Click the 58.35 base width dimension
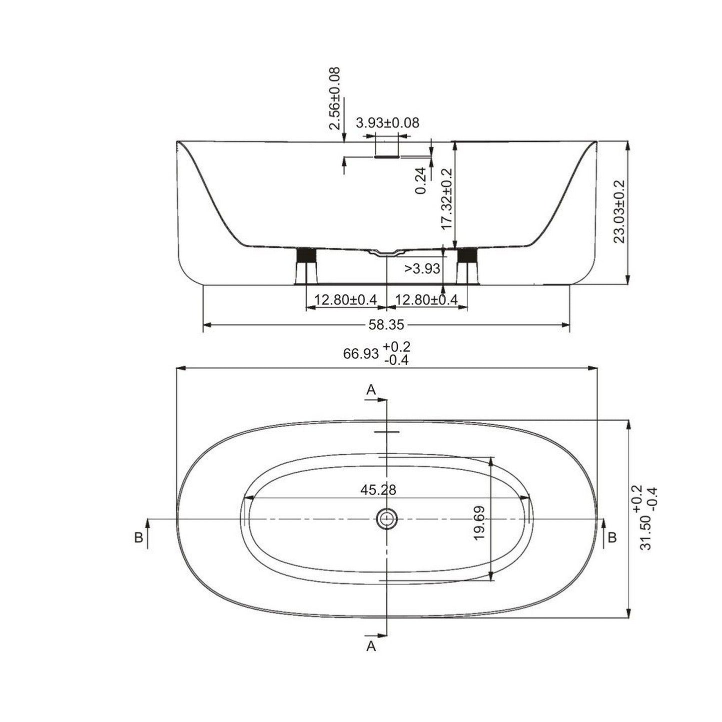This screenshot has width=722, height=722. tap(386, 325)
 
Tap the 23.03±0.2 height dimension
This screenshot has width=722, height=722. tap(620, 212)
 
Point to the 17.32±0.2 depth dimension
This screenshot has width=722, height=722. tap(447, 199)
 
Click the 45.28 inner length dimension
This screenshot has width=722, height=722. tap(378, 490)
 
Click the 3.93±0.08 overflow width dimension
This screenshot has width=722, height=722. tap(387, 122)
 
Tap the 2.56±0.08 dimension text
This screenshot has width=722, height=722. tap(335, 98)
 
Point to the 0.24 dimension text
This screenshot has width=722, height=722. tap(421, 180)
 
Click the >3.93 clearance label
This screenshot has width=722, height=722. tap(422, 269)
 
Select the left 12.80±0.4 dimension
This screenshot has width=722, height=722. tap(345, 300)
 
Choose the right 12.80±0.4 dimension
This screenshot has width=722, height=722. tap(426, 300)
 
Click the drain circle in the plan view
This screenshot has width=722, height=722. tap(386, 519)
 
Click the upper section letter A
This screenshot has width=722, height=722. tap(371, 390)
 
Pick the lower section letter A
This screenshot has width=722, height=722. tap(371, 647)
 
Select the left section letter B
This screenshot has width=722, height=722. tap(139, 538)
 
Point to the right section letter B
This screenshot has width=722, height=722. tap(612, 538)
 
